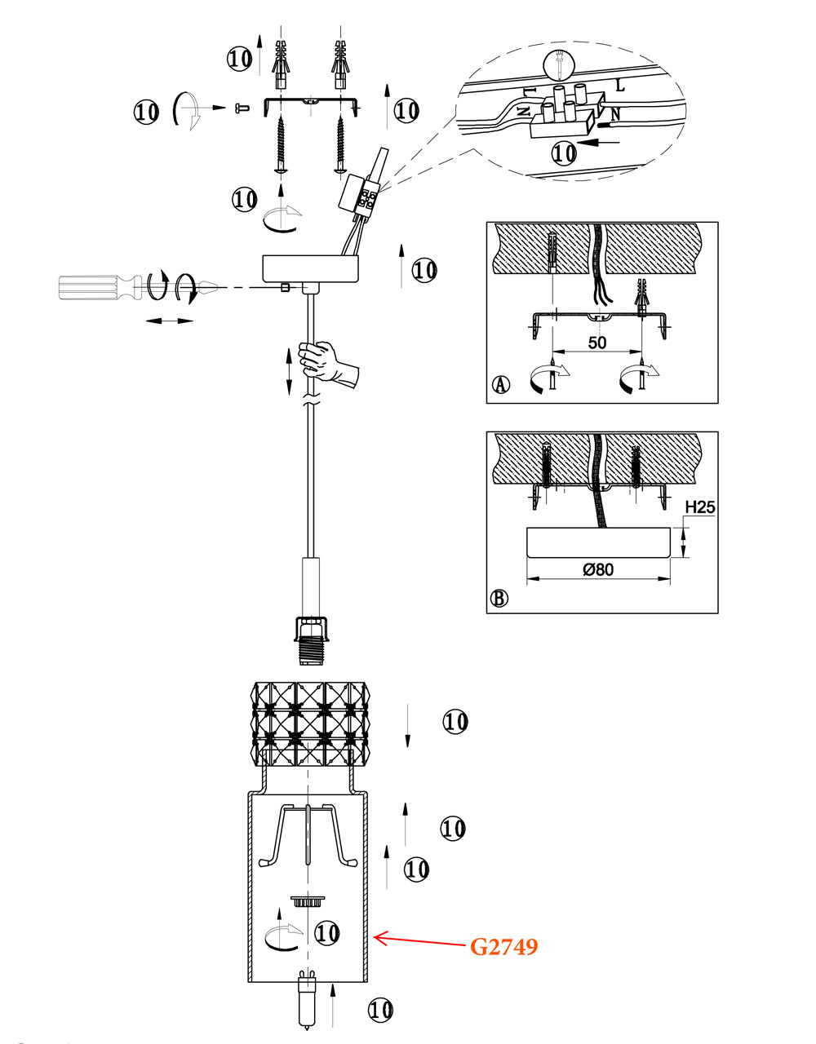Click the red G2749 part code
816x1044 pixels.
tap(503, 946)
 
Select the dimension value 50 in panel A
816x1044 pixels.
tap(597, 342)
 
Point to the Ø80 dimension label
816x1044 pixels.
tap(598, 569)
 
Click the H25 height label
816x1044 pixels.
tap(699, 507)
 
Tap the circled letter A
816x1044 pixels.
tap(501, 384)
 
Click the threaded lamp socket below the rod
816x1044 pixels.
tap(309, 639)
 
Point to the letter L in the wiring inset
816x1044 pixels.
tap(621, 84)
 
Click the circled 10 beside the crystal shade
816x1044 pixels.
tap(455, 721)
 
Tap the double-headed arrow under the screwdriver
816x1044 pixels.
tap(169, 321)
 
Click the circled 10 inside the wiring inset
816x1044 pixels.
tap(564, 152)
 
